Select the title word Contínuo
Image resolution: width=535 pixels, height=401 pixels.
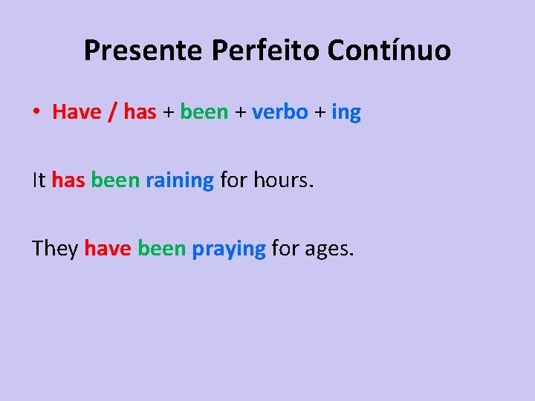click(x=389, y=50)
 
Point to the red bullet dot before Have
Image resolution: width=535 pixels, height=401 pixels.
click(x=36, y=113)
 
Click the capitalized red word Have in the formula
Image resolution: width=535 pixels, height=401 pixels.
click(x=77, y=112)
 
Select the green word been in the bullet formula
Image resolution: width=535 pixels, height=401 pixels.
click(x=204, y=112)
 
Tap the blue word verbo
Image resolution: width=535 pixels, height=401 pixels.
click(x=280, y=112)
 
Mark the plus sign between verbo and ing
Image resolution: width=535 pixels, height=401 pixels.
click(x=320, y=113)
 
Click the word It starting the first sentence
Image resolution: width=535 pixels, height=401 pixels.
click(x=39, y=180)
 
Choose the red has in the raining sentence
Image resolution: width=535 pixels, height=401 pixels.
click(x=68, y=180)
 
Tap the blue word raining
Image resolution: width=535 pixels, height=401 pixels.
click(x=180, y=180)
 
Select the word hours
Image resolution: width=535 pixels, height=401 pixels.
click(x=284, y=180)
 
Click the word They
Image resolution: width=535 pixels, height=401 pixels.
click(x=55, y=248)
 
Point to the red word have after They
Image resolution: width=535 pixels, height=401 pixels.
click(x=108, y=248)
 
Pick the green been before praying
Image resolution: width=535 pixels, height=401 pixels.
click(x=161, y=248)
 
